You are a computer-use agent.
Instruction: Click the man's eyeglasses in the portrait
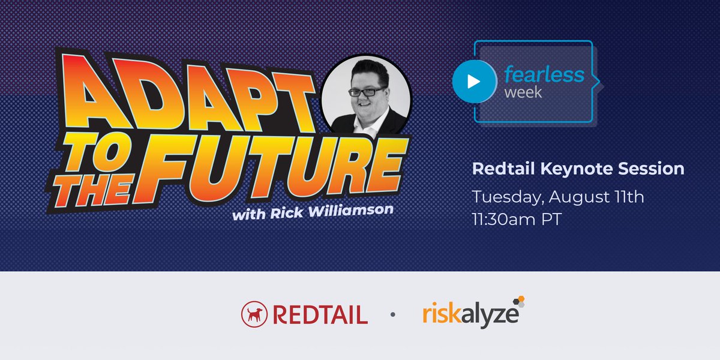[366, 92]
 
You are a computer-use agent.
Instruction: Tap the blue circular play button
[472, 82]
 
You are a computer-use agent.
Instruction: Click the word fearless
[543, 74]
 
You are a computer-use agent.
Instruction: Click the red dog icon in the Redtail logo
[254, 314]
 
